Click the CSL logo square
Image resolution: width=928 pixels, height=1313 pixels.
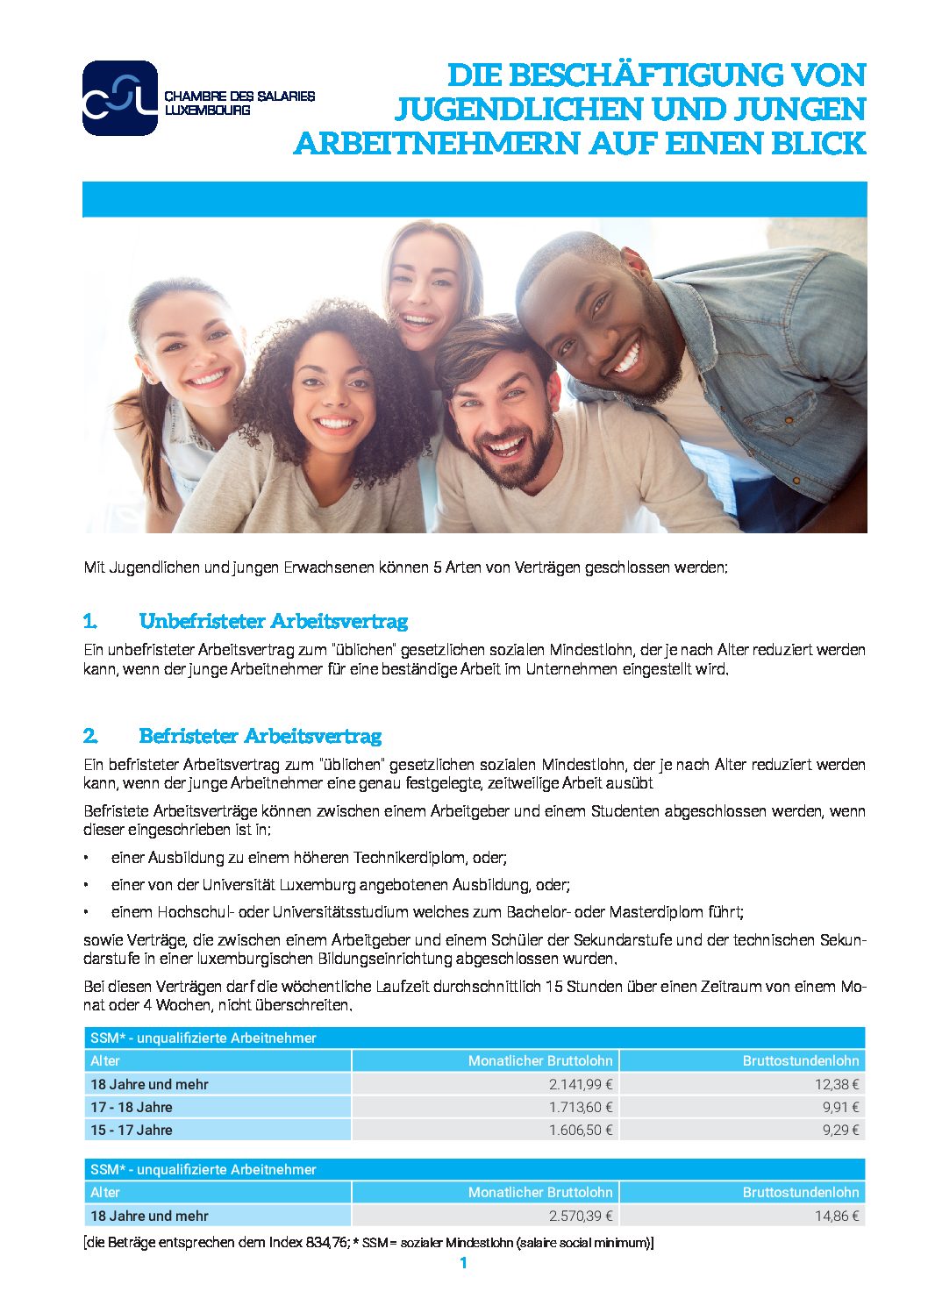(x=119, y=98)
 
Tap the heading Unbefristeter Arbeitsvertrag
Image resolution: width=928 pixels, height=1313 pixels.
(x=273, y=622)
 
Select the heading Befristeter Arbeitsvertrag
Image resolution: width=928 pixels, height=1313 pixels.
(x=260, y=736)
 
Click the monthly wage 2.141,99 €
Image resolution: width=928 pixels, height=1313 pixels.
(x=581, y=1084)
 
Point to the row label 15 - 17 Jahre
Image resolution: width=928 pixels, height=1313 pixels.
(x=132, y=1130)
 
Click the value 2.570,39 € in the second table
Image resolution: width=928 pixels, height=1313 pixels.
(x=581, y=1216)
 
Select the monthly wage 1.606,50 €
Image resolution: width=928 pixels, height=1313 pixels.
(x=581, y=1130)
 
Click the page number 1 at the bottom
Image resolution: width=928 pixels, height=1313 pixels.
(x=463, y=1263)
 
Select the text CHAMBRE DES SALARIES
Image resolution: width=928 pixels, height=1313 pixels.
(x=239, y=96)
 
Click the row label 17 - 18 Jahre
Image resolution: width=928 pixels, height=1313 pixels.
(x=132, y=1107)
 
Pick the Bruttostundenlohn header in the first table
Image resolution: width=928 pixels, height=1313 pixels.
(x=800, y=1060)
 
